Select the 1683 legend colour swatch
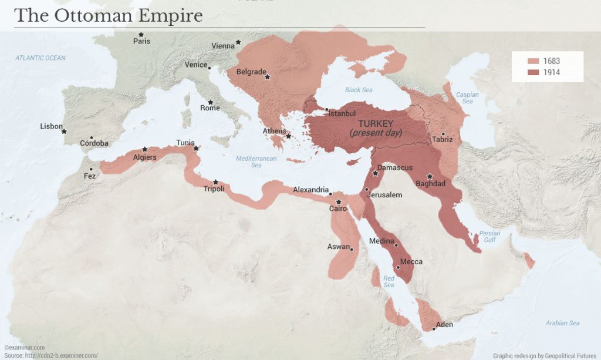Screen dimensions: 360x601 point(533,62)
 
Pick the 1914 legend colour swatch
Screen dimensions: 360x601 point(533,73)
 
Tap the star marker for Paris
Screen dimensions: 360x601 point(141,35)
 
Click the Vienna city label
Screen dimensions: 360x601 point(222,46)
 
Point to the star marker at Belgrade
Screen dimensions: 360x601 point(267,77)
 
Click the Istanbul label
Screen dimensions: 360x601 point(342,113)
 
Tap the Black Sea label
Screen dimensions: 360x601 point(359,90)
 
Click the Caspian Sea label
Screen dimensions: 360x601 point(467,98)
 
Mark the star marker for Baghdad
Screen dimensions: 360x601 point(430,176)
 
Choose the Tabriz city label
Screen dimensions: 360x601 point(442,139)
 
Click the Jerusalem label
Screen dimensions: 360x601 point(384,195)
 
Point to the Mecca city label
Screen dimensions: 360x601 point(411,262)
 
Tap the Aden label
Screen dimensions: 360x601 point(444,325)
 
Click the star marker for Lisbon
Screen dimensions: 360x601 point(64,132)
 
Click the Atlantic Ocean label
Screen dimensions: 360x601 point(40,58)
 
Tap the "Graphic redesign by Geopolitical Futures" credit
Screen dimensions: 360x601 point(544,355)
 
